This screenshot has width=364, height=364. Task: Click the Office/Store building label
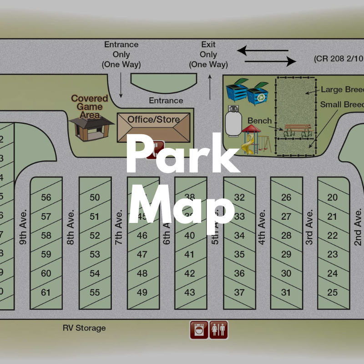point(153,120)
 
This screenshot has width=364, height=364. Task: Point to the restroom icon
point(218,329)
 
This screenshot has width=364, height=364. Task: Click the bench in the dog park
point(297,131)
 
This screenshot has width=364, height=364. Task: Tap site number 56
point(46,197)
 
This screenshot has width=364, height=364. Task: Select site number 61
point(46,293)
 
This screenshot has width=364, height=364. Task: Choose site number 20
point(333,197)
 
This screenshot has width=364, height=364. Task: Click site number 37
point(239,293)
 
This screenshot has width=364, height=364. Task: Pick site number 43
point(189,293)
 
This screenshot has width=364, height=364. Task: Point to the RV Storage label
point(84,328)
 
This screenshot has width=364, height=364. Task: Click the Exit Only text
point(208,55)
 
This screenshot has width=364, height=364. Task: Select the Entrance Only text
point(121,55)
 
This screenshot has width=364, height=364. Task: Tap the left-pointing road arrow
point(263,51)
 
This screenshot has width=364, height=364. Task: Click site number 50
point(95,197)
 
